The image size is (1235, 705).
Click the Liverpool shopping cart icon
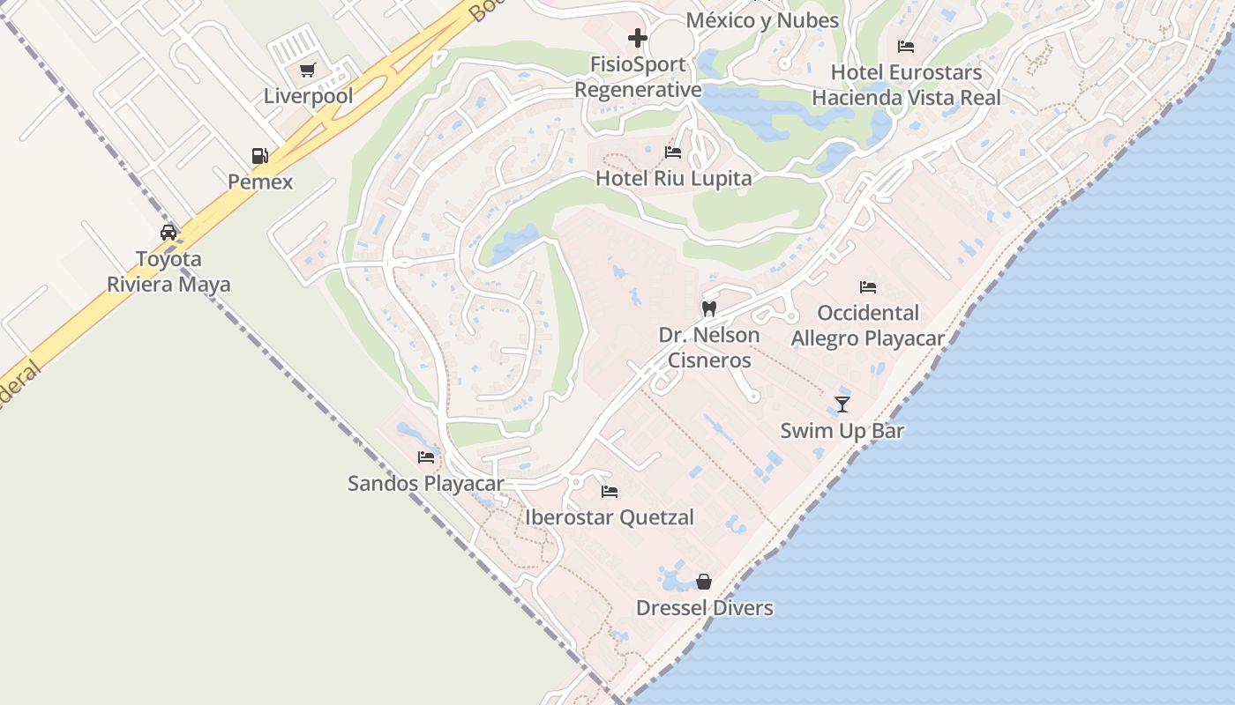coord(307,70)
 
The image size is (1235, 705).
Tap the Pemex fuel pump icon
coord(259,156)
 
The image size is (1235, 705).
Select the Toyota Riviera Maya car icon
coord(168,233)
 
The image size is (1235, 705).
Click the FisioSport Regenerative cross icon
coord(638,38)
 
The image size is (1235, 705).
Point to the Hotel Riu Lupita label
coord(674,178)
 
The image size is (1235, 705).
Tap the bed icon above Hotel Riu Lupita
coord(673,152)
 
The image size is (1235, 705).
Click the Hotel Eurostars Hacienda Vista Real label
coord(906,85)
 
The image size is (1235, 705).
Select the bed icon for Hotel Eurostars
coord(906,47)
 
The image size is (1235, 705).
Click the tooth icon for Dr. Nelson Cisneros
coord(708,309)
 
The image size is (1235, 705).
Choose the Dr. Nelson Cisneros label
coord(709,347)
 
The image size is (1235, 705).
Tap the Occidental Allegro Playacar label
coord(868,325)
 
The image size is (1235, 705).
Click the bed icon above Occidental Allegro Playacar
coord(868,287)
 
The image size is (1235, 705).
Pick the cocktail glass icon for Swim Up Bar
coord(842,404)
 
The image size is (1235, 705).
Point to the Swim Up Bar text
coord(842,431)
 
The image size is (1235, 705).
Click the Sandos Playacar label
coord(425,483)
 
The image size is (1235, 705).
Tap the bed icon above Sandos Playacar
coord(426,457)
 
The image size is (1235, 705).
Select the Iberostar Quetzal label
coord(610,517)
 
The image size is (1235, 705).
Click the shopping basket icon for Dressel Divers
coord(704,582)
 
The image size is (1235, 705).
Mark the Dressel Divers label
coord(704,608)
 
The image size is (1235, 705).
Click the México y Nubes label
coord(762,19)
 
